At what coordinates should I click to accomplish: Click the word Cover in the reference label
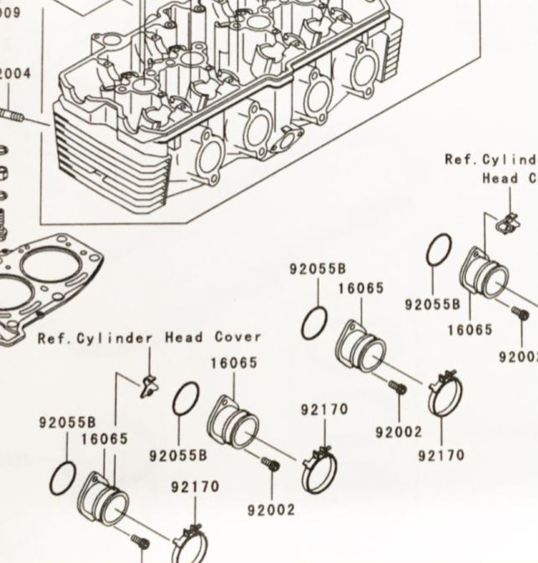(238, 337)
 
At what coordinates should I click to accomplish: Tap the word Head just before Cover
(183, 337)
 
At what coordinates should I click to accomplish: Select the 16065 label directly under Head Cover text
(233, 364)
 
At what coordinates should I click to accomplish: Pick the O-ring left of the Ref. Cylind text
(439, 250)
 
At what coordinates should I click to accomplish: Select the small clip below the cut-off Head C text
(506, 222)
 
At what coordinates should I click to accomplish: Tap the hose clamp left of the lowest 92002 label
(319, 470)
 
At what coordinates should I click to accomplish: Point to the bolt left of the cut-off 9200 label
(519, 314)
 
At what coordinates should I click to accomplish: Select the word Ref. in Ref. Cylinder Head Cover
(53, 339)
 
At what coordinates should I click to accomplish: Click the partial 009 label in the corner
(10, 13)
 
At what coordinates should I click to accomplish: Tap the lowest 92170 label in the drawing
(195, 487)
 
